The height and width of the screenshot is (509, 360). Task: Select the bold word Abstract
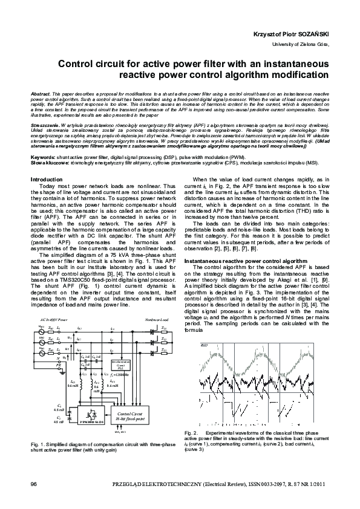[41, 96]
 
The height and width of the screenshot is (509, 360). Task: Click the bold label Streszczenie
[45, 123]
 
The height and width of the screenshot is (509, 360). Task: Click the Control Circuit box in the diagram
[131, 415]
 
